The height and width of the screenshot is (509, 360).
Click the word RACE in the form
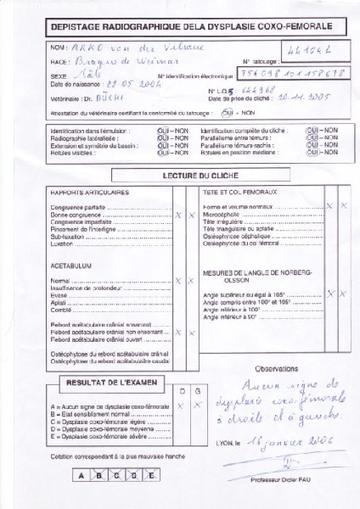[61, 62]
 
